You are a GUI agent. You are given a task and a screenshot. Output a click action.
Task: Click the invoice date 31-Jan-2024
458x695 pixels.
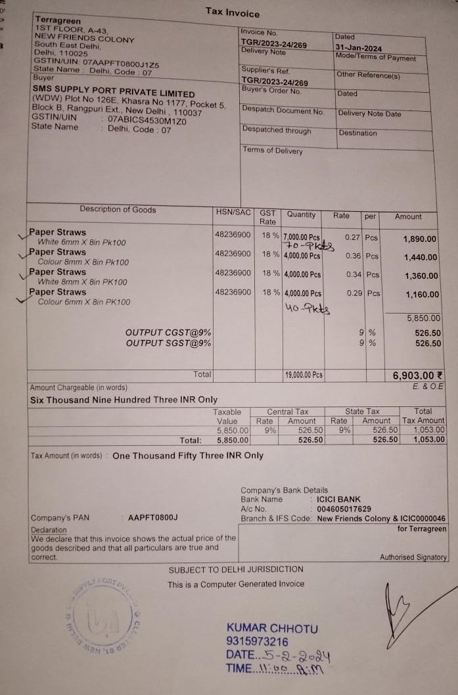pos(359,48)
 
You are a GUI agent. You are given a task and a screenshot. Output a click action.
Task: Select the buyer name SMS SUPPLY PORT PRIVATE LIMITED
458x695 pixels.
pos(114,93)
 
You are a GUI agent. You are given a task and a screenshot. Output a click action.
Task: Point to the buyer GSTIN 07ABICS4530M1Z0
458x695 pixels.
pos(148,120)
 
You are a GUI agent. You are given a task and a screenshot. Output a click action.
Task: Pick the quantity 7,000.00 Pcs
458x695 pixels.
pos(302,237)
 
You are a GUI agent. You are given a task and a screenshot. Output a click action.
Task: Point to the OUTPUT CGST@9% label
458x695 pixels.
pos(168,333)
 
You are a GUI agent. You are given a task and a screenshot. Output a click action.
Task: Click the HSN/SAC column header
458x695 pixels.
pos(233,212)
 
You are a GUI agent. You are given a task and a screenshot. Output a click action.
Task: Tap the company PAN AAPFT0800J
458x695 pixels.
pos(153,518)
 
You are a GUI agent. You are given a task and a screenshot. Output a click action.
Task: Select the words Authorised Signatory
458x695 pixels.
pos(413,558)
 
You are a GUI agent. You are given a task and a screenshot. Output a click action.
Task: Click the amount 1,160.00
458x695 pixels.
pos(421,296)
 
